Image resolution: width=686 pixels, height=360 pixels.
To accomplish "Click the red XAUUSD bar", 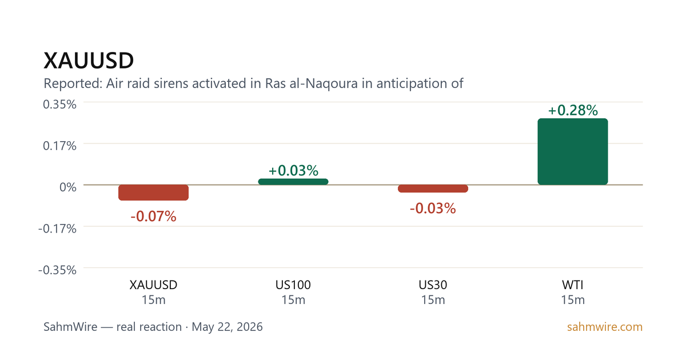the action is (x=153, y=193).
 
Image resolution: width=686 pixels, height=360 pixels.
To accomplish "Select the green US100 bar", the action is (x=293, y=182).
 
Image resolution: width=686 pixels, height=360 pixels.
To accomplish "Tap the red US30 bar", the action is (x=433, y=189).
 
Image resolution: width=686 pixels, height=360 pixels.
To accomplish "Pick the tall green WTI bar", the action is (x=573, y=151).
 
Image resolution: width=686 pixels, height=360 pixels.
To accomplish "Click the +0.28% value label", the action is (x=573, y=110).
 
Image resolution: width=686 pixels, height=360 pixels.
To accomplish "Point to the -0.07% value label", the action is (x=153, y=217).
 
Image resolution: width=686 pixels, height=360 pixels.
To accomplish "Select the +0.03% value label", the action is (x=293, y=170).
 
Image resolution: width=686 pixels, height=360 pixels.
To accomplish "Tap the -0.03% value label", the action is (x=433, y=209).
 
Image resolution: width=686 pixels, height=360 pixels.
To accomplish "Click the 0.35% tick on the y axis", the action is (x=59, y=105).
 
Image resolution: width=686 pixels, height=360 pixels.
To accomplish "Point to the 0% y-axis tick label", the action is (x=68, y=187).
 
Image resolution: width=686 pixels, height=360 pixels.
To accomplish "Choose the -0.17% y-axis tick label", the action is (x=57, y=229).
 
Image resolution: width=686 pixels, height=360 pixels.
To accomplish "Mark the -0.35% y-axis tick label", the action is (x=57, y=270).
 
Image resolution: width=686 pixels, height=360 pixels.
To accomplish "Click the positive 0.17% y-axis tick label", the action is (x=59, y=146).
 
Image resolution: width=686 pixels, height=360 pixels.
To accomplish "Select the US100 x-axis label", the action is (x=293, y=285).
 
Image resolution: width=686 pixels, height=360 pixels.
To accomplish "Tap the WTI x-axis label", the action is (x=573, y=285).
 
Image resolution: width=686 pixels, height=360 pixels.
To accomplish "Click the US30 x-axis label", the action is (x=433, y=285).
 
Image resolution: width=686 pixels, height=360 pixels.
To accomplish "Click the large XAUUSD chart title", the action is (x=89, y=61).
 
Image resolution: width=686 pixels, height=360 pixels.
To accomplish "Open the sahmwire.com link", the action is (x=605, y=327).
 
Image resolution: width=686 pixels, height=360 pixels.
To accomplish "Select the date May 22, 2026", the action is (x=228, y=327).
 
